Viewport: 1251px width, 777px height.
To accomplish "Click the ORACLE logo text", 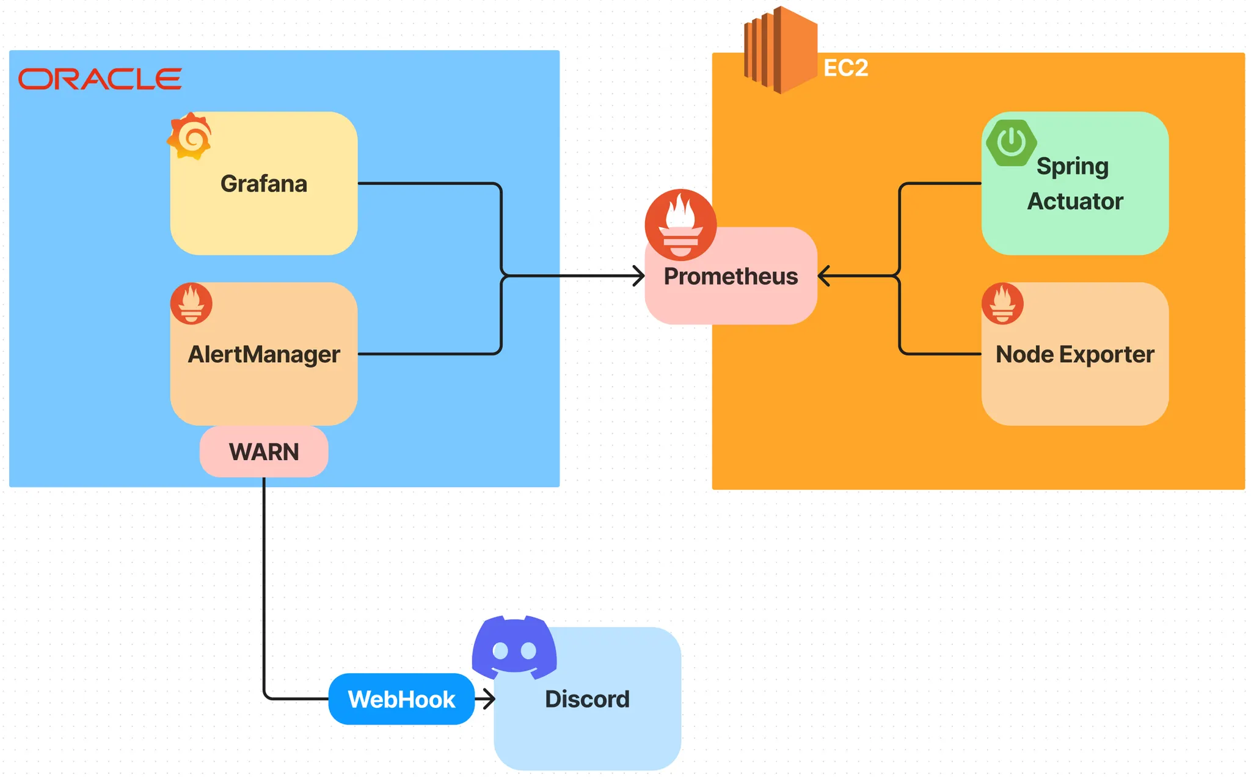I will [x=100, y=79].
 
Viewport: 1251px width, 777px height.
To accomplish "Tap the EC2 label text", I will [x=845, y=68].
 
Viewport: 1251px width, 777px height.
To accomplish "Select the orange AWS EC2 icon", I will [x=780, y=50].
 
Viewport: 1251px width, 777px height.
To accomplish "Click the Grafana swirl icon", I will [x=191, y=136].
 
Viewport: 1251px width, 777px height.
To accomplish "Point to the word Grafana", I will [x=264, y=184].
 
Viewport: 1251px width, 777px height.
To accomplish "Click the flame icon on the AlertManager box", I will [x=191, y=304].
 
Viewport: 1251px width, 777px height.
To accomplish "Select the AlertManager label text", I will [x=264, y=354].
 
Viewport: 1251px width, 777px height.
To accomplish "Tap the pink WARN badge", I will [x=264, y=452].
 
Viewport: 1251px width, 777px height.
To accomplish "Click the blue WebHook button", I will [x=401, y=699].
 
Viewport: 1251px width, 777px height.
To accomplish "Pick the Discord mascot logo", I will [x=514, y=647].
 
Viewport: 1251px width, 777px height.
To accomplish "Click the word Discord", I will [x=587, y=699].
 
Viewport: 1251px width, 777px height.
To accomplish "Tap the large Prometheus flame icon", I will [x=680, y=225].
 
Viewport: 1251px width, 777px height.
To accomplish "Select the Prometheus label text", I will [x=731, y=277].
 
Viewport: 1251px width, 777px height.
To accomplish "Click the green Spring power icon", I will [x=1011, y=143].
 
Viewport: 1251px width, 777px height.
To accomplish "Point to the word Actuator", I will [x=1075, y=202].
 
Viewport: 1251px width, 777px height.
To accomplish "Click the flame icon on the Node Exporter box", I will [x=1002, y=304].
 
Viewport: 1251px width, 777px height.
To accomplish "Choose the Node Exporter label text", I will [x=1074, y=354].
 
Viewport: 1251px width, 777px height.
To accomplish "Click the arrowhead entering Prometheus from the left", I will [x=640, y=276].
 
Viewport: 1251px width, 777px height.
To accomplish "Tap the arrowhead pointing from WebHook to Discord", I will [x=489, y=699].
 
